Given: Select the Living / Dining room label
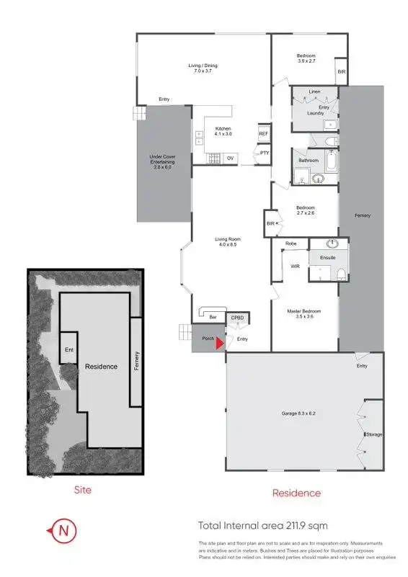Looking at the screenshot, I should (x=203, y=68).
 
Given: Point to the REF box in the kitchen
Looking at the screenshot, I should (x=263, y=134).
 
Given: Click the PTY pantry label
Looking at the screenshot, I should (x=265, y=153).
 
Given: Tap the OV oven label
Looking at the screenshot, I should (x=230, y=158).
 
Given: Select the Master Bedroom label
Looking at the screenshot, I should (x=303, y=313).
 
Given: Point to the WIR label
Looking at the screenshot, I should (x=295, y=266).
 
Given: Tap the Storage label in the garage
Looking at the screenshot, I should (x=373, y=434).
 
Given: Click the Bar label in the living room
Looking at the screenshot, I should (x=212, y=317).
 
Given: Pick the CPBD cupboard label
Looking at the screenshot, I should (x=236, y=318).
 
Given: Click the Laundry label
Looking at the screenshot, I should (x=315, y=113).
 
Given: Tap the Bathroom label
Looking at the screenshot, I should (x=309, y=160).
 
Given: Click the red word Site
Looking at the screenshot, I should (x=84, y=490).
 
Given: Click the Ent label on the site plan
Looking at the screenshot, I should (x=69, y=350).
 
